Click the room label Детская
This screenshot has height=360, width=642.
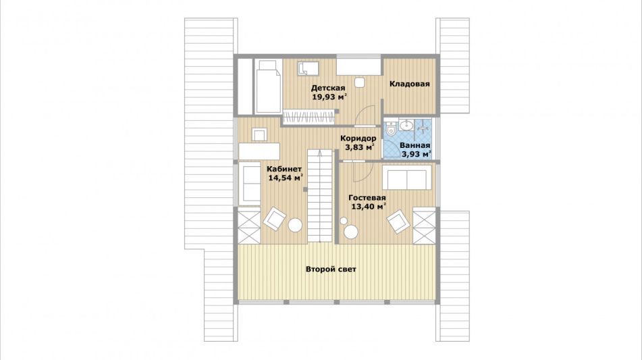(327, 88)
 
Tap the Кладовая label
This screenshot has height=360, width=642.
(410, 84)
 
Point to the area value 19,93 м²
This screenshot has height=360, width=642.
(329, 97)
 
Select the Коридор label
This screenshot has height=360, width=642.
(358, 138)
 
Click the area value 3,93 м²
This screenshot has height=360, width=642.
(417, 155)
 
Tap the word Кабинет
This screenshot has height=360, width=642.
(284, 169)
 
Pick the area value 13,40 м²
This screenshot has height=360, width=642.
(369, 207)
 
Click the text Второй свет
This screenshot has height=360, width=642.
(331, 269)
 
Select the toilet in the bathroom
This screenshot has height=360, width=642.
(391, 128)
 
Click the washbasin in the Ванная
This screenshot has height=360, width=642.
(406, 125)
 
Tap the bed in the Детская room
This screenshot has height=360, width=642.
(268, 86)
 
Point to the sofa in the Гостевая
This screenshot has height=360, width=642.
(407, 178)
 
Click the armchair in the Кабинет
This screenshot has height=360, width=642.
(274, 219)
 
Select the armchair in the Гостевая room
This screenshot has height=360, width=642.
(398, 221)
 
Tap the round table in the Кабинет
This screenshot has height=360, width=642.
(295, 225)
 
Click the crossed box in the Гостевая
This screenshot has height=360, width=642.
(424, 226)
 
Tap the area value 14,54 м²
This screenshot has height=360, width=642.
(286, 178)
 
